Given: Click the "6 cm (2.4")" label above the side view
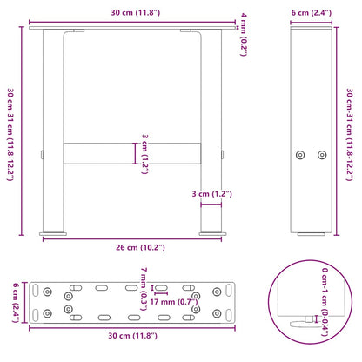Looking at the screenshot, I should click(x=312, y=10).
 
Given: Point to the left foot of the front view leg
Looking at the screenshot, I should click(x=55, y=233).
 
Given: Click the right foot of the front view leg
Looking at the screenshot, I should click(x=211, y=233).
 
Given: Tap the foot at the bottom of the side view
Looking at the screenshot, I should click(x=311, y=233).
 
